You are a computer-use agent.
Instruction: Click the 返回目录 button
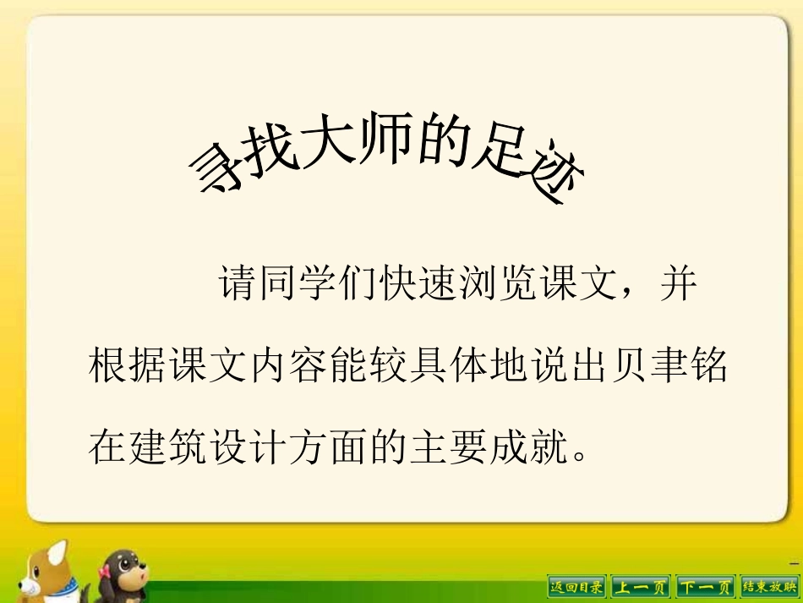tap(577, 585)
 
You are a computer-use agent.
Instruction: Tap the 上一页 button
tap(640, 585)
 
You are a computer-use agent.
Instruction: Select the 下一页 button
tap(705, 585)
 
